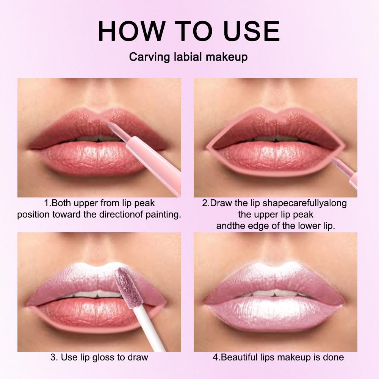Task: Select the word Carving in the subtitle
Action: pos(146,57)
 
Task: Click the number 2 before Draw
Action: pos(205,203)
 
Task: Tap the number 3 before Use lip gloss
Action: pos(53,357)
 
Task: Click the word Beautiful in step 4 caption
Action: pos(238,357)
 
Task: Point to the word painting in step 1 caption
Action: pos(163,215)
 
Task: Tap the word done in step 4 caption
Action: pos(334,357)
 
